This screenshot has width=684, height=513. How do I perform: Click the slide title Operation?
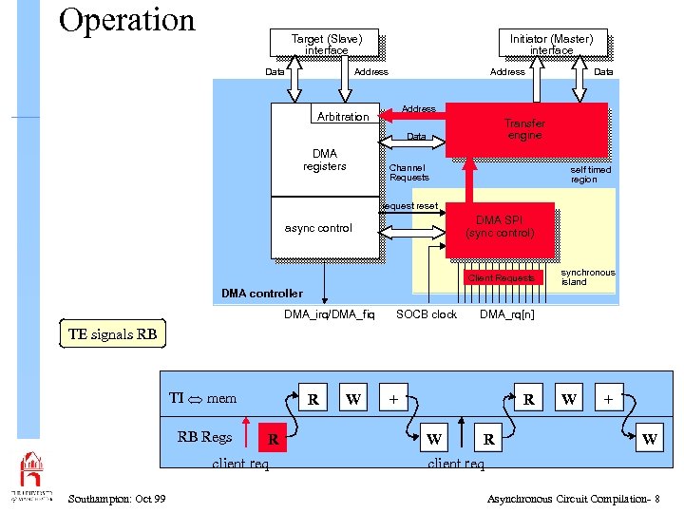(x=126, y=20)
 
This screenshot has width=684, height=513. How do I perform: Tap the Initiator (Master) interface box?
(x=551, y=44)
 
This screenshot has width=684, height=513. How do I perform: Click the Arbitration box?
(x=343, y=116)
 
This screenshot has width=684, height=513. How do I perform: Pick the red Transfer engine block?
(x=525, y=129)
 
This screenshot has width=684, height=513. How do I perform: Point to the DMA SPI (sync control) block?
(x=500, y=228)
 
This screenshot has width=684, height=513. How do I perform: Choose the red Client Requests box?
(x=501, y=278)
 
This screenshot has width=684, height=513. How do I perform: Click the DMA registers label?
(x=324, y=160)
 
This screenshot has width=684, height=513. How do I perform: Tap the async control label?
(x=318, y=228)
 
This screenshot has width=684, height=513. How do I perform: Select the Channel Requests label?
(x=409, y=172)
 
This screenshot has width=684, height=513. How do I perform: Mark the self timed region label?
(x=590, y=174)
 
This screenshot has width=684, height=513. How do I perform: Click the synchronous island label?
(x=587, y=277)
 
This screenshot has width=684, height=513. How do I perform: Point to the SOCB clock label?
(x=427, y=314)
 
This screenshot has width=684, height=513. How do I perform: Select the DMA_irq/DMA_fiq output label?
(x=330, y=314)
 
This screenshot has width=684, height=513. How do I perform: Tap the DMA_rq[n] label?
(x=506, y=314)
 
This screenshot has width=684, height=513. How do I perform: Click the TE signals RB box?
(x=112, y=334)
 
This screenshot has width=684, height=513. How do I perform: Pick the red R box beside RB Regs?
(x=273, y=439)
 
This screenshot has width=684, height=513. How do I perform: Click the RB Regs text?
(x=204, y=437)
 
